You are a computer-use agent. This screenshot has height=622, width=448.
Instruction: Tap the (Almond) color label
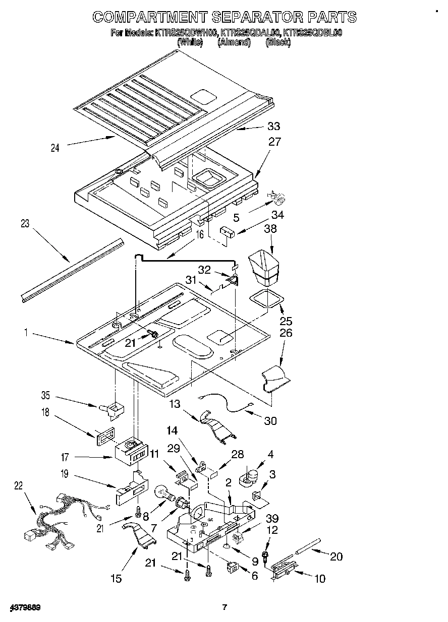pos(234,43)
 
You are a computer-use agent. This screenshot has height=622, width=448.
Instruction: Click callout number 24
pos(55,148)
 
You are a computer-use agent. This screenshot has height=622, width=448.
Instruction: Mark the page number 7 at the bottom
pos(225,607)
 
